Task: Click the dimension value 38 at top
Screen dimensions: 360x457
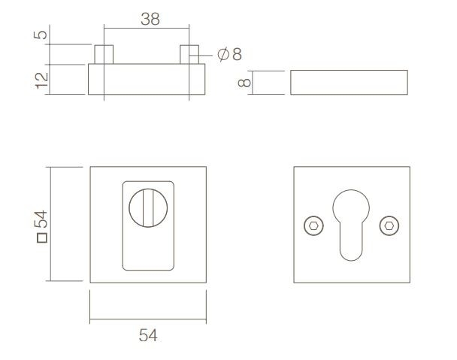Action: click(150, 20)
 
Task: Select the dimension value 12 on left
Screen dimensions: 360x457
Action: click(43, 78)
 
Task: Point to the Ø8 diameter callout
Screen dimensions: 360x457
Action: click(229, 55)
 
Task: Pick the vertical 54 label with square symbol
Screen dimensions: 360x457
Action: click(43, 225)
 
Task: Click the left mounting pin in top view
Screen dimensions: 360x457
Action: click(104, 55)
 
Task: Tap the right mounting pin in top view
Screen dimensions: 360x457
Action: click(189, 55)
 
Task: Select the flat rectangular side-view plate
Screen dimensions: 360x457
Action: click(348, 82)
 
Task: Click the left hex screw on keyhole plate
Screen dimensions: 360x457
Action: click(311, 225)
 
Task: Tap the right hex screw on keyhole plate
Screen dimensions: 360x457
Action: click(389, 225)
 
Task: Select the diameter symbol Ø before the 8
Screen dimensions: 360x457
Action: click(223, 55)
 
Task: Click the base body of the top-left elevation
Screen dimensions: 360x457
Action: click(147, 81)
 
